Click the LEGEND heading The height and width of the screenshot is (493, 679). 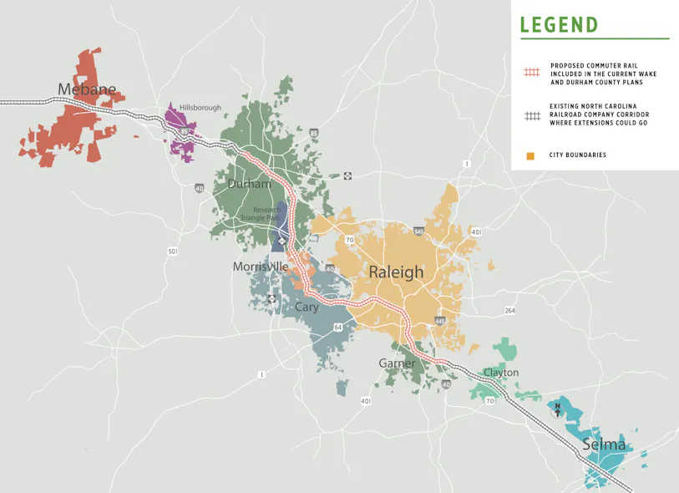[559, 24]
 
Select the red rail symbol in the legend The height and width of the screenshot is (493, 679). [532, 74]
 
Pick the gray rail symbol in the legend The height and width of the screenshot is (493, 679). [532, 115]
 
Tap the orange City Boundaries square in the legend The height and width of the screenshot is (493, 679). [531, 155]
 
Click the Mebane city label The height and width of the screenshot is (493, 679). [87, 89]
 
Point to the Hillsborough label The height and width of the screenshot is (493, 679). [200, 108]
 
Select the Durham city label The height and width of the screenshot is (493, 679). [249, 184]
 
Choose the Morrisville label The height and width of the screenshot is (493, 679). [261, 267]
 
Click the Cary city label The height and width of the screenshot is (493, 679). [307, 307]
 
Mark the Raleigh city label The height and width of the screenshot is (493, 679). [396, 272]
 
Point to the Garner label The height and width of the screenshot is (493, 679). [397, 363]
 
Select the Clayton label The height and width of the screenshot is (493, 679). [500, 373]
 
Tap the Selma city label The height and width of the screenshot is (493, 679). [604, 444]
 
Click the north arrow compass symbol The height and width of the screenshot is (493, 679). [558, 409]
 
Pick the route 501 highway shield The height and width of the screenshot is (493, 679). [173, 252]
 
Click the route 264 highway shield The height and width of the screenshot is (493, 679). [510, 311]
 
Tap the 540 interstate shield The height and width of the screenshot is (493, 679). [418, 230]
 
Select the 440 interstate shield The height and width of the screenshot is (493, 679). [440, 321]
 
